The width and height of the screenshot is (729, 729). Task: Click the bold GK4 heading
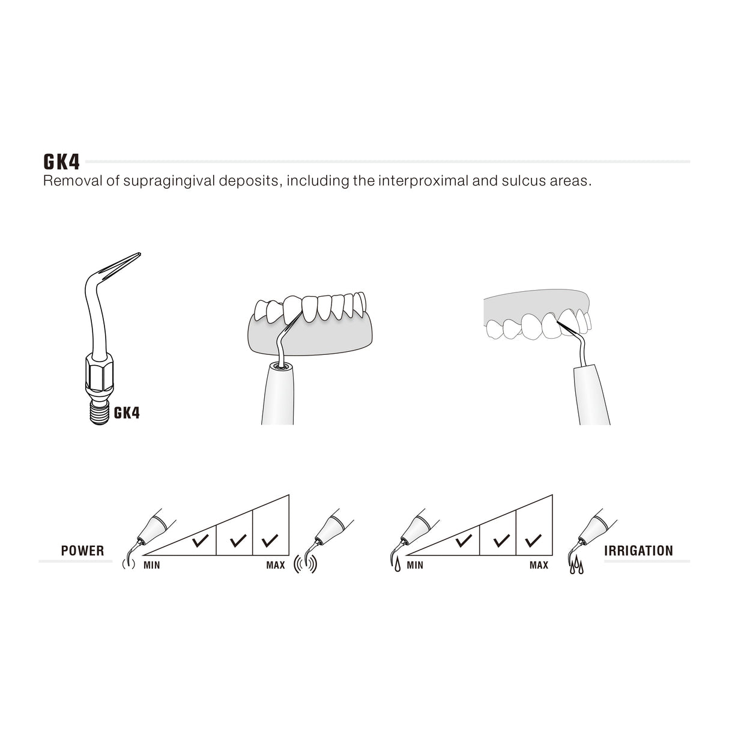[x=62, y=162]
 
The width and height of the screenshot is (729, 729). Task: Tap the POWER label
[x=82, y=551]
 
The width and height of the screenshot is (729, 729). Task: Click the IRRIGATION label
[x=639, y=551]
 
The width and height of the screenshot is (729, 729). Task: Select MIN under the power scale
[x=152, y=565]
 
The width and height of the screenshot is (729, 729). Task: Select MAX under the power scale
[x=276, y=565]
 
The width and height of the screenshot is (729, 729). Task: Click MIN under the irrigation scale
[x=415, y=565]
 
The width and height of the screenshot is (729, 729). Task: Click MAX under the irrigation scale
[x=539, y=565]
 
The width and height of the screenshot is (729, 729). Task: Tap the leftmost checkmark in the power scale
[x=200, y=542]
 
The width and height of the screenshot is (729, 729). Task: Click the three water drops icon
[x=576, y=566]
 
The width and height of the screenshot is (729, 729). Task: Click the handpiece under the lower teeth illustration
[x=277, y=396]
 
